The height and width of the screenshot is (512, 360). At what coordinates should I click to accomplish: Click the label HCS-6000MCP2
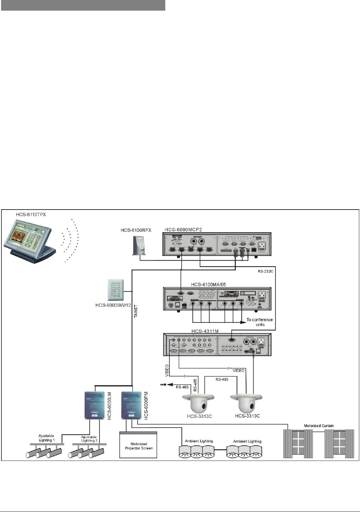click(x=183, y=230)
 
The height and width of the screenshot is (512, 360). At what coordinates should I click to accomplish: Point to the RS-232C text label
click(x=265, y=272)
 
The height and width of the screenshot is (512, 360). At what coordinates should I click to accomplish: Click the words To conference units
click(x=260, y=322)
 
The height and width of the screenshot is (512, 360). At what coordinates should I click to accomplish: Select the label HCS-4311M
click(x=205, y=331)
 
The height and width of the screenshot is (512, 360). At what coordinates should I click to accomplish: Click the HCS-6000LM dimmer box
click(x=95, y=405)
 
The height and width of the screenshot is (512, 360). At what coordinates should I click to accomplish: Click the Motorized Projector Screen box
click(x=139, y=445)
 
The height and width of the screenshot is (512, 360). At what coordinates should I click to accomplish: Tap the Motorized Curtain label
click(x=319, y=426)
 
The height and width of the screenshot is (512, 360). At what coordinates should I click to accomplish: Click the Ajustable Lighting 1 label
click(x=46, y=438)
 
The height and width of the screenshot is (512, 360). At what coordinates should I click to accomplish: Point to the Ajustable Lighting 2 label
click(x=89, y=439)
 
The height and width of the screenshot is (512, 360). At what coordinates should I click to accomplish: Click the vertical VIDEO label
click(x=167, y=370)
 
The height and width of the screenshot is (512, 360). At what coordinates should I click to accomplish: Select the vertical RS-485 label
click(x=195, y=385)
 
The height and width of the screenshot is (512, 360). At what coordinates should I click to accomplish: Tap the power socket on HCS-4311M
click(x=262, y=342)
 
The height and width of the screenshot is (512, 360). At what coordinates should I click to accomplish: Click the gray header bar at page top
click(x=83, y=5)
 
